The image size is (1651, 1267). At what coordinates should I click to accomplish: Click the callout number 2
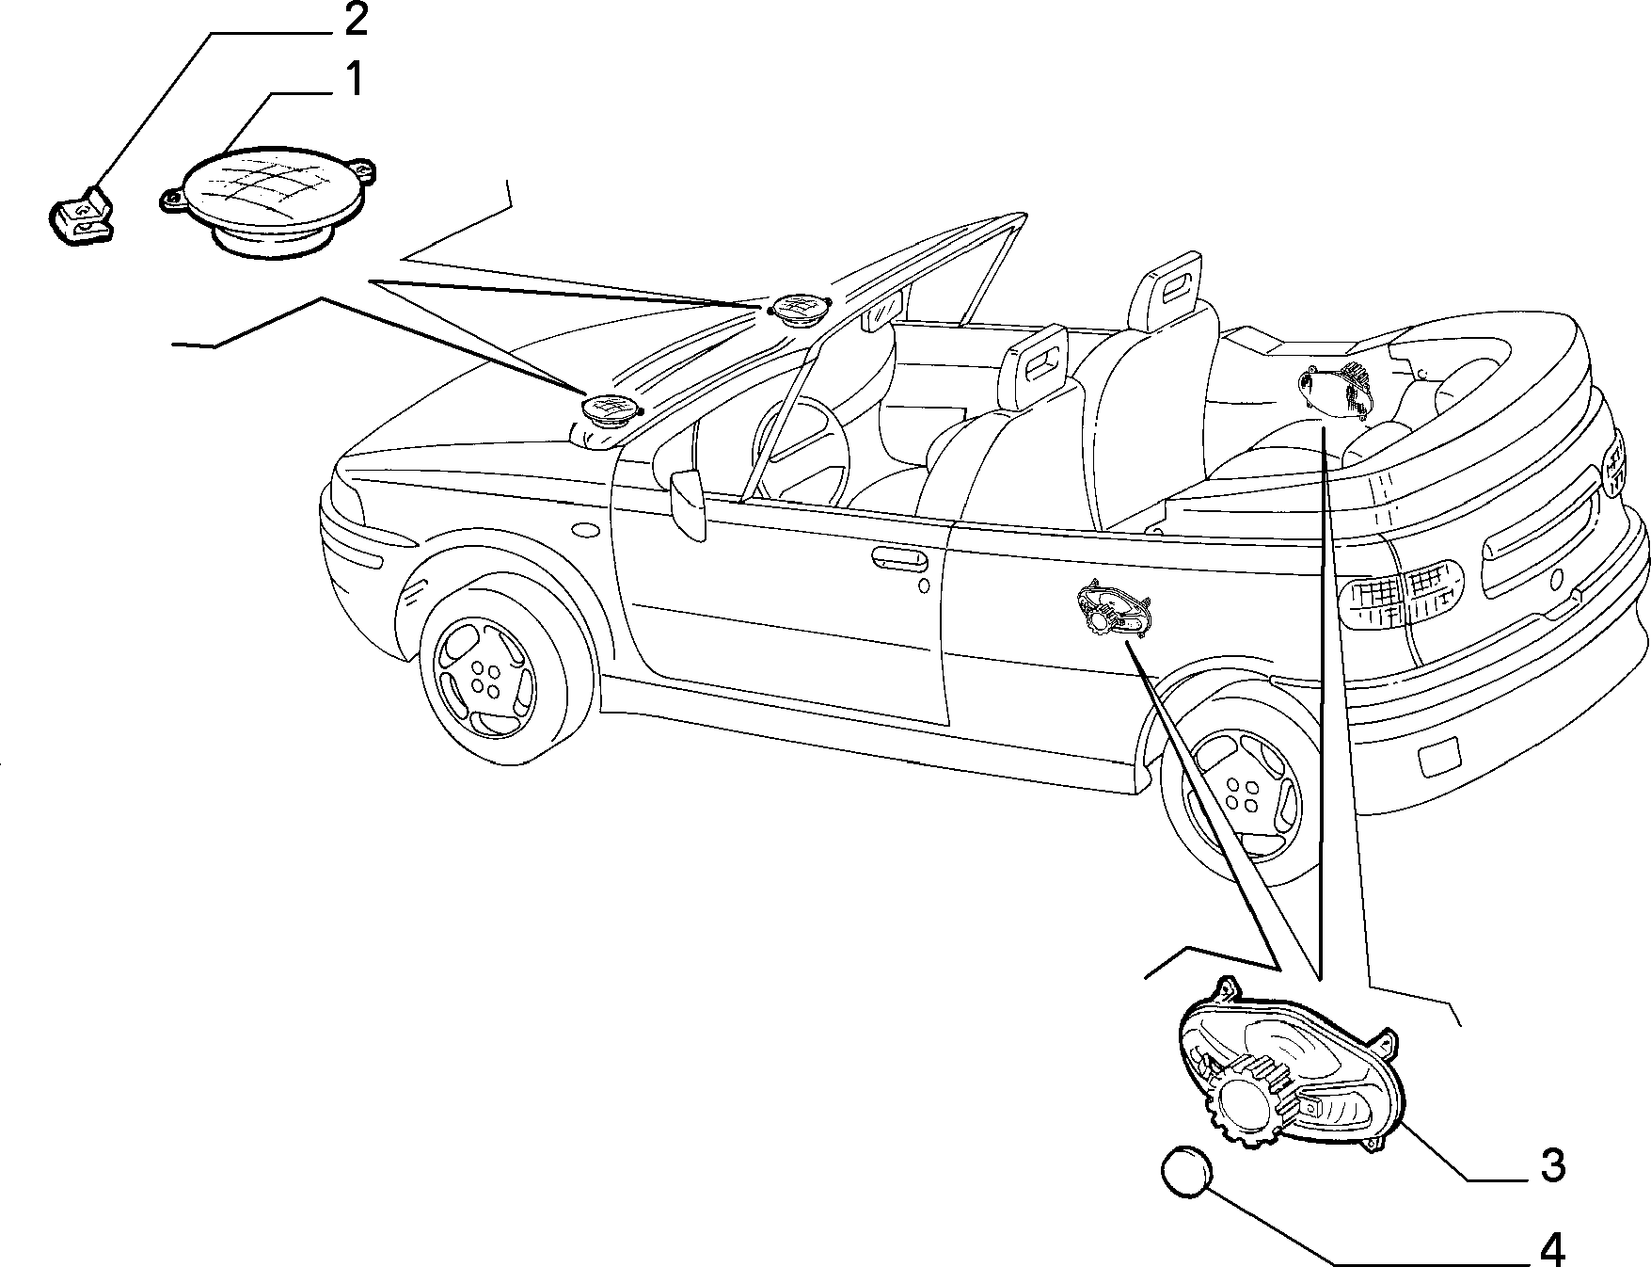[x=355, y=19]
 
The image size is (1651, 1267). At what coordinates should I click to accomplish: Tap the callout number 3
[x=1552, y=1165]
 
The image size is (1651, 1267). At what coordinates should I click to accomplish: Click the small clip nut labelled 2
[x=80, y=216]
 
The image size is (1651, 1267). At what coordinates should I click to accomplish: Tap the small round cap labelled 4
[x=1185, y=1172]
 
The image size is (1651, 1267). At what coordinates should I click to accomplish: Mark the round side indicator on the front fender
[x=584, y=530]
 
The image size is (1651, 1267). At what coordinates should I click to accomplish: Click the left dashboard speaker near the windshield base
[x=610, y=410]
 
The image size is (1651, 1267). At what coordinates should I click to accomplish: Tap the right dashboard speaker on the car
[x=798, y=309]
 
